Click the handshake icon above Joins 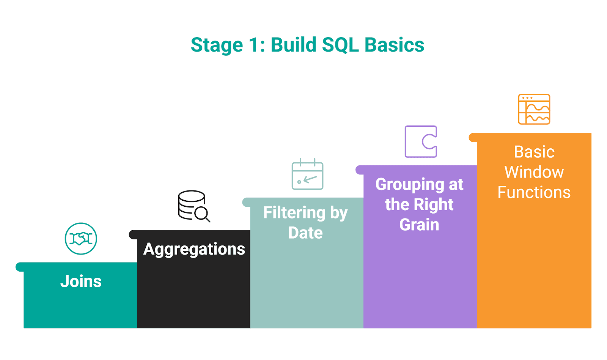[81, 239]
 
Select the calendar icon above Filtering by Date [307, 175]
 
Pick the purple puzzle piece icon [421, 141]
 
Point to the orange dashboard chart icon [534, 109]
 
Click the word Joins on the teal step [81, 281]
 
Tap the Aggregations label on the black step [194, 250]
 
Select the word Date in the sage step [305, 233]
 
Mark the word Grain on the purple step [419, 225]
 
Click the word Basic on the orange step [534, 152]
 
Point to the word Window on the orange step [534, 172]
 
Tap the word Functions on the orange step [534, 192]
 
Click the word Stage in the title [217, 45]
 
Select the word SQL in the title [340, 45]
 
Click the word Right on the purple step [433, 205]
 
